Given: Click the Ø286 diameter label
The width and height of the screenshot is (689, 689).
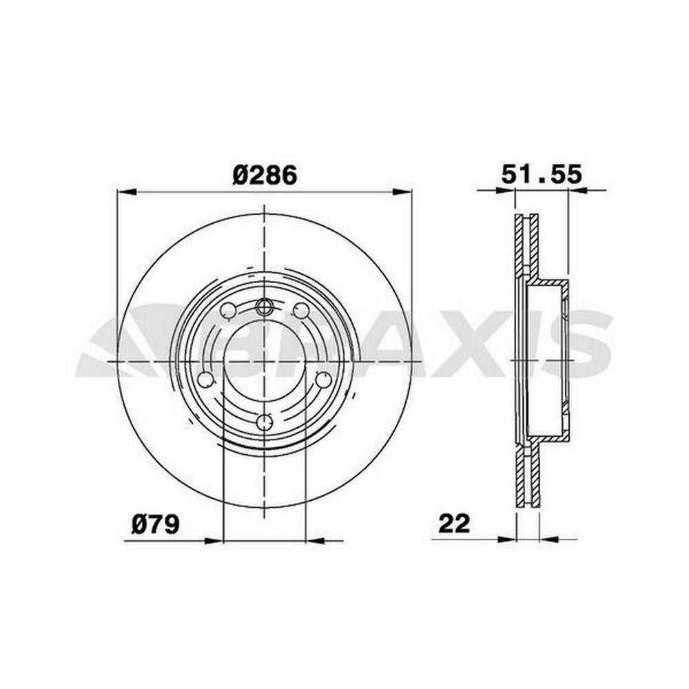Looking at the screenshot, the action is click(265, 174).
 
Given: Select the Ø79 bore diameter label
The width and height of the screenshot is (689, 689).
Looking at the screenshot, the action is click(155, 524).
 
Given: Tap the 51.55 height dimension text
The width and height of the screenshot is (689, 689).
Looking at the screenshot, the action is click(542, 174).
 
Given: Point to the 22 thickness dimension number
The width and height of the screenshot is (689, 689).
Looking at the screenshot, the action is click(454, 524).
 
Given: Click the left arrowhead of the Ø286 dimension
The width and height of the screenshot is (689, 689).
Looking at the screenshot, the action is click(127, 192).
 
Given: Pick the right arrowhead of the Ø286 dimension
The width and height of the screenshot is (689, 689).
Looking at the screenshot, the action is click(402, 192).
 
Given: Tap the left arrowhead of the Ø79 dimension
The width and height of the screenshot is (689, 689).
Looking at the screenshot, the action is click(214, 541).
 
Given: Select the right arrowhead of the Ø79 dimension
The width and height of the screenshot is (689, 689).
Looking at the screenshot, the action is click(315, 541).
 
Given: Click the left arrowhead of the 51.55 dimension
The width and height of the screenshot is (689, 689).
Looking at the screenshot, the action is click(505, 190).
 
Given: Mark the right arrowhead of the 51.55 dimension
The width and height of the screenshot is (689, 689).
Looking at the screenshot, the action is click(578, 190).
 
